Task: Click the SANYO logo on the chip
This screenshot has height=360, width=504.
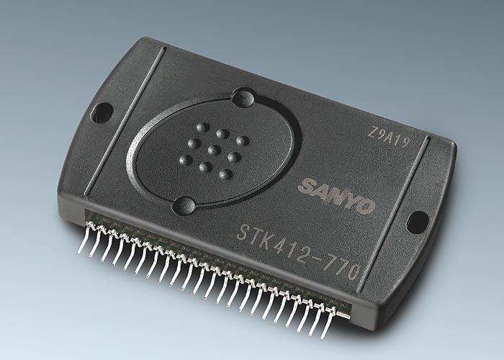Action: pos(336,195)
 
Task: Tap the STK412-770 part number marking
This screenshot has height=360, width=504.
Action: pos(298,251)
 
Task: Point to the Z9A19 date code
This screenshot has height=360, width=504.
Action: pos(390,138)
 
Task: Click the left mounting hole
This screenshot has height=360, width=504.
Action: pos(102,112)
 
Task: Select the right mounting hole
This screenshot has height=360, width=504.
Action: pos(418,222)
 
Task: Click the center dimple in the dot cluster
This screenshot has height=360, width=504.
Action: pos(214,150)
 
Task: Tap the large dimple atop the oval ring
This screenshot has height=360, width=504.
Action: pos(243,99)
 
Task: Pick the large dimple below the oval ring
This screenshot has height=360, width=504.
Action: pos(184,205)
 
